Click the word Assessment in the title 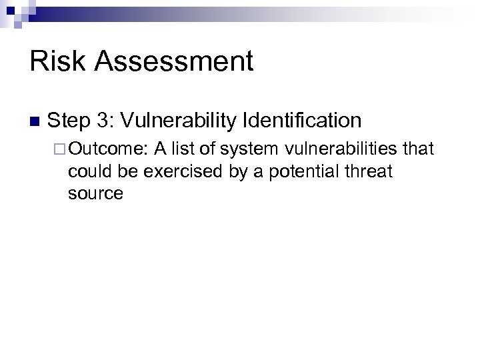pyautogui.click(x=175, y=62)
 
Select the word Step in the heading pyautogui.click(x=69, y=121)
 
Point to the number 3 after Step pyautogui.click(x=105, y=121)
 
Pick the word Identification pyautogui.click(x=303, y=121)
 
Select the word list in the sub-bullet pyautogui.click(x=187, y=149)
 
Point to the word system pyautogui.click(x=248, y=149)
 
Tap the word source pyautogui.click(x=95, y=194)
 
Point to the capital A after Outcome pyautogui.click(x=161, y=149)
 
